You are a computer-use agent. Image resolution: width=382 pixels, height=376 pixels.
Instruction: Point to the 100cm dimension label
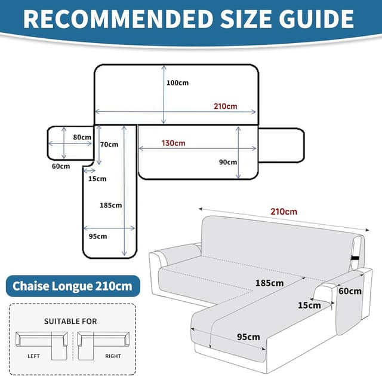tap(177, 83)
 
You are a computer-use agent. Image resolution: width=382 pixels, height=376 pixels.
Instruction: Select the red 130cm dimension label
tap(173, 143)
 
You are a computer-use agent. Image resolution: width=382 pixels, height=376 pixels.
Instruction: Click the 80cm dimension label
tap(82, 137)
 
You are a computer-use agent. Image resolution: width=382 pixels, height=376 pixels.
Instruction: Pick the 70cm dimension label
tap(109, 144)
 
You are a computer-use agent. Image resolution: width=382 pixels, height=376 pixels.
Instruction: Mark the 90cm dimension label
tap(227, 162)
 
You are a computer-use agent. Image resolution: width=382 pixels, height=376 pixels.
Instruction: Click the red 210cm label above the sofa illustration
tap(284, 212)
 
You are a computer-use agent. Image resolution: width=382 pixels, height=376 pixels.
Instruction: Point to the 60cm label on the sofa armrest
tap(350, 292)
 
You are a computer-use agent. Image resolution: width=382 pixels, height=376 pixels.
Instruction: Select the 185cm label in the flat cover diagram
tap(110, 205)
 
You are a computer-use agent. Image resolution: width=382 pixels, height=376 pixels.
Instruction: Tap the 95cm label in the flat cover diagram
tap(97, 236)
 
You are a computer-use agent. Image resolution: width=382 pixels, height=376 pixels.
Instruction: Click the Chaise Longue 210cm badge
tap(73, 285)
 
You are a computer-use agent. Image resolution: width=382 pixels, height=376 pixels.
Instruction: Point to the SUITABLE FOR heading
tap(70, 321)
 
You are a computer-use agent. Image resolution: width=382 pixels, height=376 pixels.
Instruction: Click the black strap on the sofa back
tap(356, 258)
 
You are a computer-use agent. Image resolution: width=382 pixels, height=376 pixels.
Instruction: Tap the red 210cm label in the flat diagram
tap(226, 106)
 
